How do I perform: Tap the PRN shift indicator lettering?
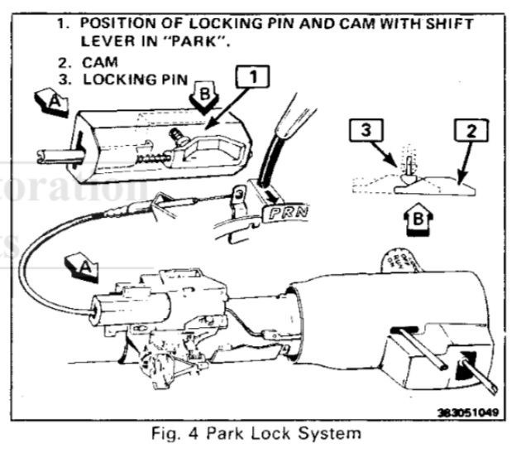point(285,213)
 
